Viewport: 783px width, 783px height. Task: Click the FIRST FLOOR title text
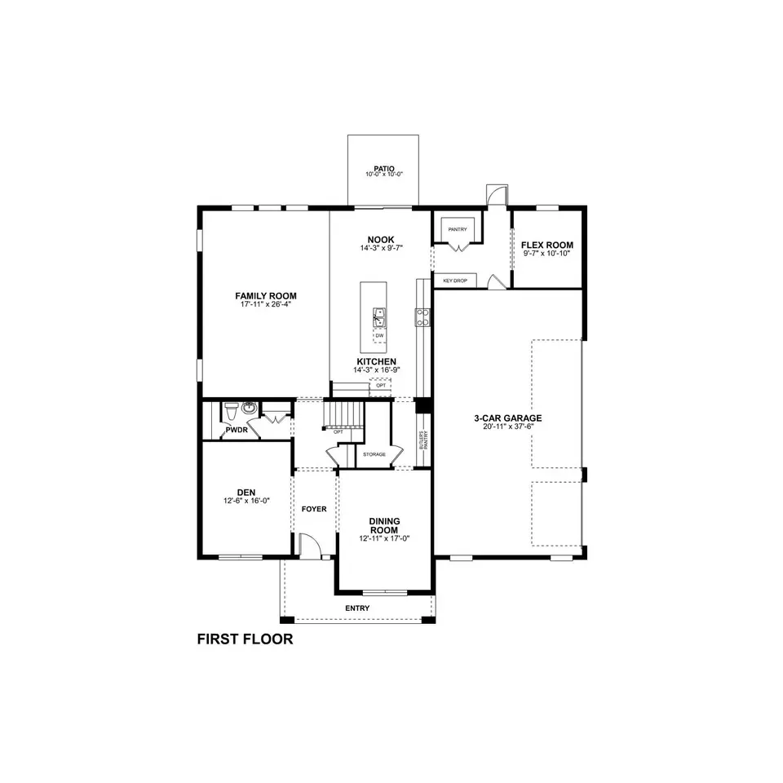coord(245,639)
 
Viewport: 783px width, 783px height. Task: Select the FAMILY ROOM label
coord(266,296)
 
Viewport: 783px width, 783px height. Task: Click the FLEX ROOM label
coord(547,245)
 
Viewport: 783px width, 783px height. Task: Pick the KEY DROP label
coord(453,280)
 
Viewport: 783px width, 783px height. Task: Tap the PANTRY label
coord(457,229)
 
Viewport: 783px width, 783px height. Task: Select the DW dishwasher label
coord(379,335)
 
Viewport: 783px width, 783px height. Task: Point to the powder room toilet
coord(232,408)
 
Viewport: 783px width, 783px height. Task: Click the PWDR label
coord(237,429)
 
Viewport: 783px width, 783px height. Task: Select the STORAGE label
coord(374,454)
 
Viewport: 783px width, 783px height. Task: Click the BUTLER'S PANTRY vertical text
coord(422,440)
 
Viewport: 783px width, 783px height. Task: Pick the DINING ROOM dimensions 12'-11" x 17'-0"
coord(383,538)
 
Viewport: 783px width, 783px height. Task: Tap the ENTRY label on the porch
coord(357,608)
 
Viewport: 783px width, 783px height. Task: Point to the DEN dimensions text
coord(246,501)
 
